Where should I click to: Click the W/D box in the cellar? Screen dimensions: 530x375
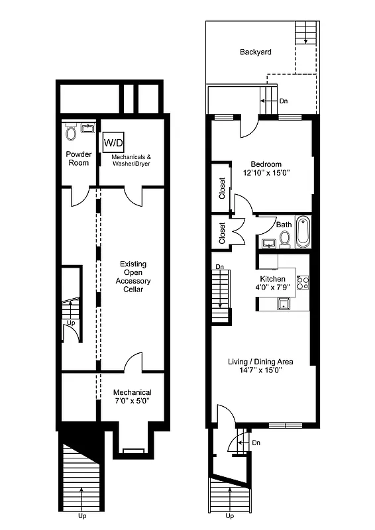[x=111, y=142]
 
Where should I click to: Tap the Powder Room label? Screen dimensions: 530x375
[x=78, y=158]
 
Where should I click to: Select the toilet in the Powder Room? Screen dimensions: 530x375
[x=72, y=133]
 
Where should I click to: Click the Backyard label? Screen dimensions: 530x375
[x=255, y=52]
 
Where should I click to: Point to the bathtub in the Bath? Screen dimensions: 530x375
[x=302, y=232]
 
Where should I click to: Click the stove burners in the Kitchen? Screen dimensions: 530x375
[x=303, y=283]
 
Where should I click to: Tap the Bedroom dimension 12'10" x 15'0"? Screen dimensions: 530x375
[x=266, y=172]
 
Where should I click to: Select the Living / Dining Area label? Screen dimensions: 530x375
[x=260, y=362]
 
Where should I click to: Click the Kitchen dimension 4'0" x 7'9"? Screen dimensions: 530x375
[x=273, y=287]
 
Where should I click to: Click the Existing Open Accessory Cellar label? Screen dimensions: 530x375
[x=133, y=277]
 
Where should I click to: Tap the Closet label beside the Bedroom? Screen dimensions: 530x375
[x=222, y=188]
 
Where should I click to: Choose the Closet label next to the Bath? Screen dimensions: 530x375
[x=222, y=233]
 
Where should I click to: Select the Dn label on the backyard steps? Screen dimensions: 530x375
[x=284, y=101]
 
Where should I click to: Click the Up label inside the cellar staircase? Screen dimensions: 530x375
[x=71, y=323]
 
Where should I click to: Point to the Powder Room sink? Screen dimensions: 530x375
[x=87, y=129]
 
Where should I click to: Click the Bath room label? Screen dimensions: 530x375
[x=284, y=225]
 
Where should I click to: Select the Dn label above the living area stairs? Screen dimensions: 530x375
[x=219, y=267]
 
